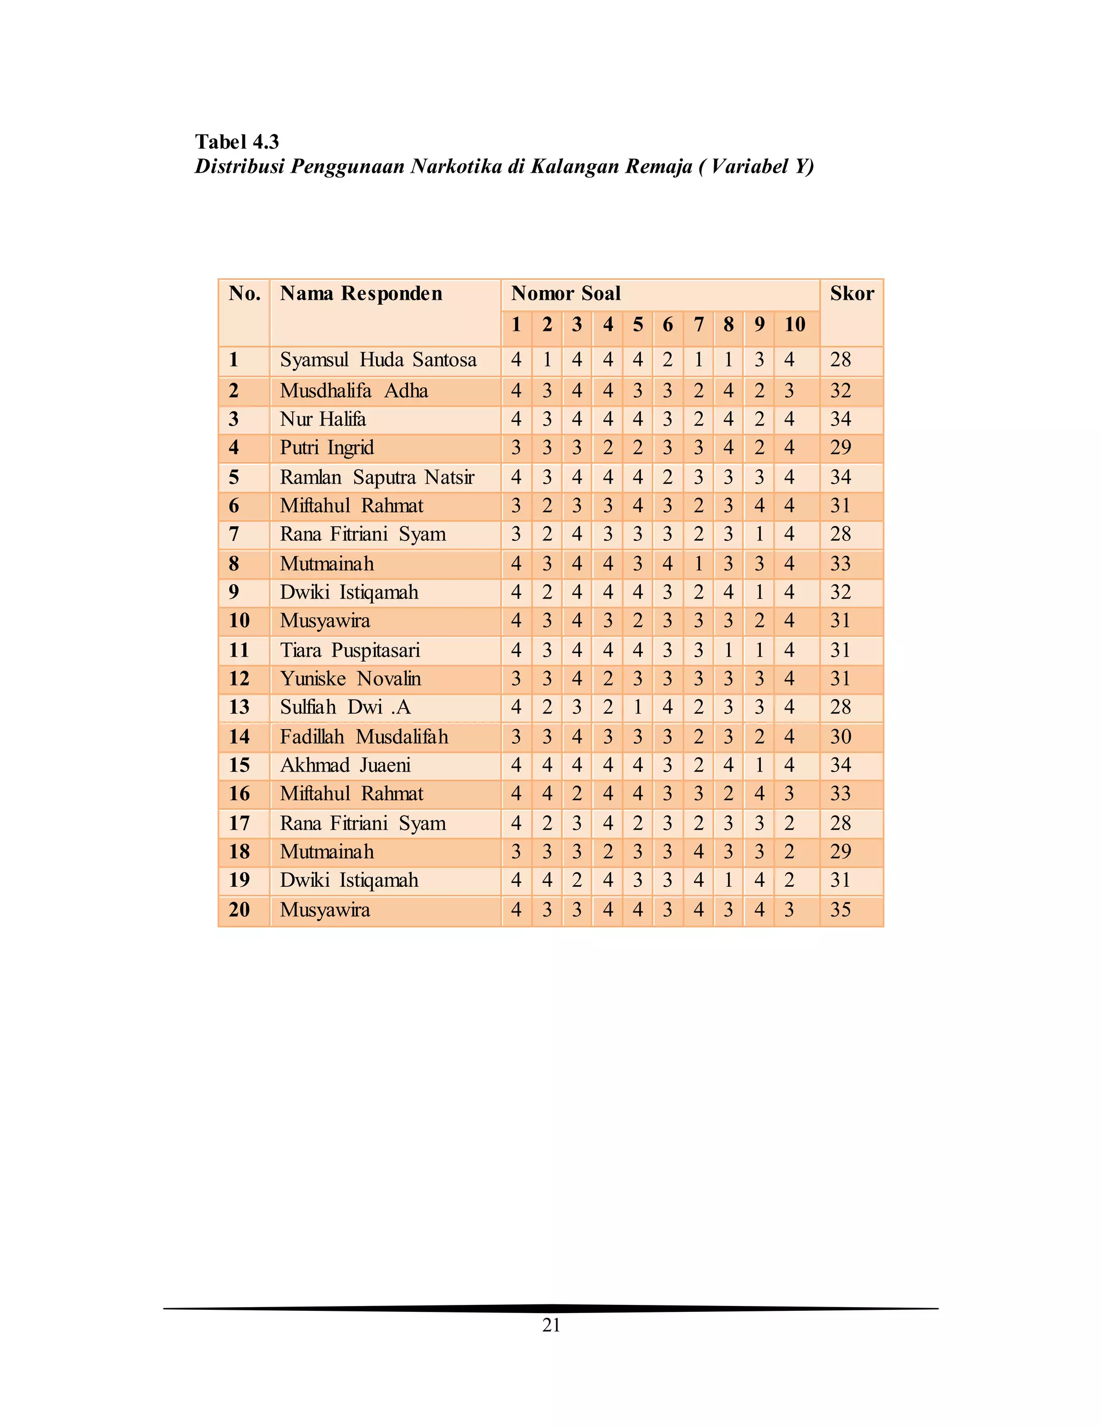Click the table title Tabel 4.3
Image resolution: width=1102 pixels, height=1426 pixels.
tap(236, 142)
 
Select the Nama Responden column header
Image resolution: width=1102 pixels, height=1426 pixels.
tap(361, 293)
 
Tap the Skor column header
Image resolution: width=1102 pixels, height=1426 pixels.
tap(851, 293)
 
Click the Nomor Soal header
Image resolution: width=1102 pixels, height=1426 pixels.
tap(566, 293)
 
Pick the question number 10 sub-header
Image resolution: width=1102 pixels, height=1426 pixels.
tap(795, 324)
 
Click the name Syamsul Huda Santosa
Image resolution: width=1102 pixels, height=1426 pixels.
tap(378, 360)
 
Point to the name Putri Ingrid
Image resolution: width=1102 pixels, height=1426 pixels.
tap(327, 448)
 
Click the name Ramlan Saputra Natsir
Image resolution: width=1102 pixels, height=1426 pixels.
tap(377, 477)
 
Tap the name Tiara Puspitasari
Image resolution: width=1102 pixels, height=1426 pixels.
tap(349, 651)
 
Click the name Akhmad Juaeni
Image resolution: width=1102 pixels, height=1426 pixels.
tap(345, 765)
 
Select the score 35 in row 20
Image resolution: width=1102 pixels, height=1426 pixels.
tap(840, 909)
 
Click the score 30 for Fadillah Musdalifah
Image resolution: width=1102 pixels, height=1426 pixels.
tap(840, 737)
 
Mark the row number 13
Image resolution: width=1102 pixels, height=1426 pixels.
tap(239, 707)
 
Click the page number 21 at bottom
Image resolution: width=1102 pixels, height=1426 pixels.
tap(551, 1325)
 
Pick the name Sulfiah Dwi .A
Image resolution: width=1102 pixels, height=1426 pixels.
tap(345, 707)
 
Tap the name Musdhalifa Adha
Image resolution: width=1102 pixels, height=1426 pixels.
tap(354, 391)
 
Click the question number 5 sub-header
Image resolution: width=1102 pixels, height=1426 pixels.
tap(638, 324)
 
